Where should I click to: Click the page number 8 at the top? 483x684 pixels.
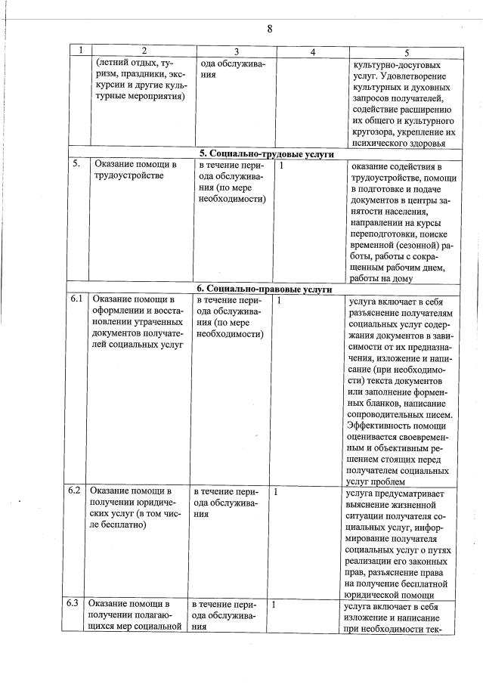(x=269, y=29)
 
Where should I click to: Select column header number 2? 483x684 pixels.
(x=142, y=51)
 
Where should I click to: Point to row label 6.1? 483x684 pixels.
(x=76, y=299)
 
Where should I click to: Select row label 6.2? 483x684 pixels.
(x=74, y=490)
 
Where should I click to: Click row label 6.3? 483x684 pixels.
(x=73, y=603)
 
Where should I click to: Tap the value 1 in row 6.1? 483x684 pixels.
(x=279, y=300)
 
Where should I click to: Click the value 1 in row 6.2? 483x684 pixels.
(x=276, y=491)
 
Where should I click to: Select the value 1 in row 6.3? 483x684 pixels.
(x=274, y=604)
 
